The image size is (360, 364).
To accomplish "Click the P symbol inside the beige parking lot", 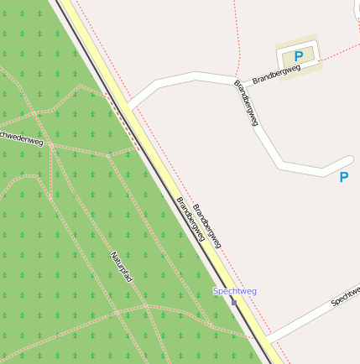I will pyautogui.click(x=298, y=56).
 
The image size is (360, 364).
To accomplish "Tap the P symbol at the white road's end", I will pyautogui.click(x=343, y=177).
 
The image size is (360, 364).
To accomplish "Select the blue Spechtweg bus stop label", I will pyautogui.click(x=235, y=291).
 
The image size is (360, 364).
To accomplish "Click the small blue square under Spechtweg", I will pyautogui.click(x=233, y=302).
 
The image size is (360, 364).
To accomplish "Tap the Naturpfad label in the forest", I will pyautogui.click(x=122, y=266).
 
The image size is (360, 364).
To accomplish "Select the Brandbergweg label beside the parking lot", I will pyautogui.click(x=276, y=74).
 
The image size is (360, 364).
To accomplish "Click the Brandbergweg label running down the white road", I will pyautogui.click(x=245, y=103).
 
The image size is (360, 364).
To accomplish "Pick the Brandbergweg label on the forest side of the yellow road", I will pyautogui.click(x=190, y=219).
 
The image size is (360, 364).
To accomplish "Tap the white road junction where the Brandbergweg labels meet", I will pyautogui.click(x=234, y=82).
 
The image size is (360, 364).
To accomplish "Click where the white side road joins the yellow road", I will pyautogui.click(x=132, y=106).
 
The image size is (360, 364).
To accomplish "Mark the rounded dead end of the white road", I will pyautogui.click(x=347, y=160).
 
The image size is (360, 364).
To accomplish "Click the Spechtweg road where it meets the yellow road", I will pyautogui.click(x=267, y=340).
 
